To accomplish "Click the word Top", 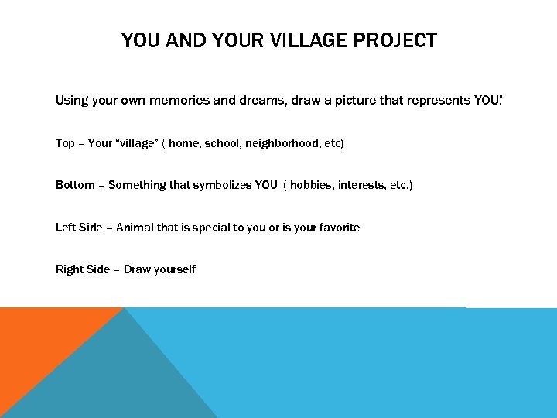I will click(x=65, y=143).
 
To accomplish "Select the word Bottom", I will click(x=77, y=185).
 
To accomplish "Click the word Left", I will click(x=67, y=227).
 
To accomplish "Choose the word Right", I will click(x=70, y=269).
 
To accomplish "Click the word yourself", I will click(x=173, y=269).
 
